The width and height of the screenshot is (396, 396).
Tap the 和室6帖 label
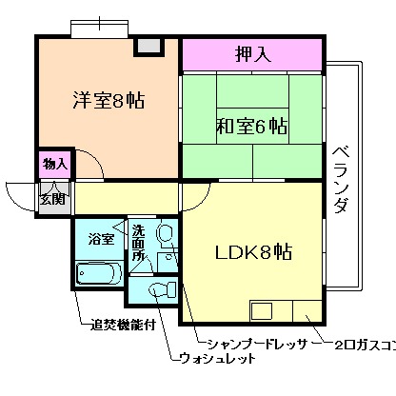click(252, 126)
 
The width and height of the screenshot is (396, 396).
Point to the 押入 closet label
click(253, 54)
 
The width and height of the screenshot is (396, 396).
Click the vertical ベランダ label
click(341, 181)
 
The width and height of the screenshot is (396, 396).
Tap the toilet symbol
click(160, 287)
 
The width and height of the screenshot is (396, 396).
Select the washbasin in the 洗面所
click(164, 233)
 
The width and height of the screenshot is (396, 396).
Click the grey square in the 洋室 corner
click(148, 46)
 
